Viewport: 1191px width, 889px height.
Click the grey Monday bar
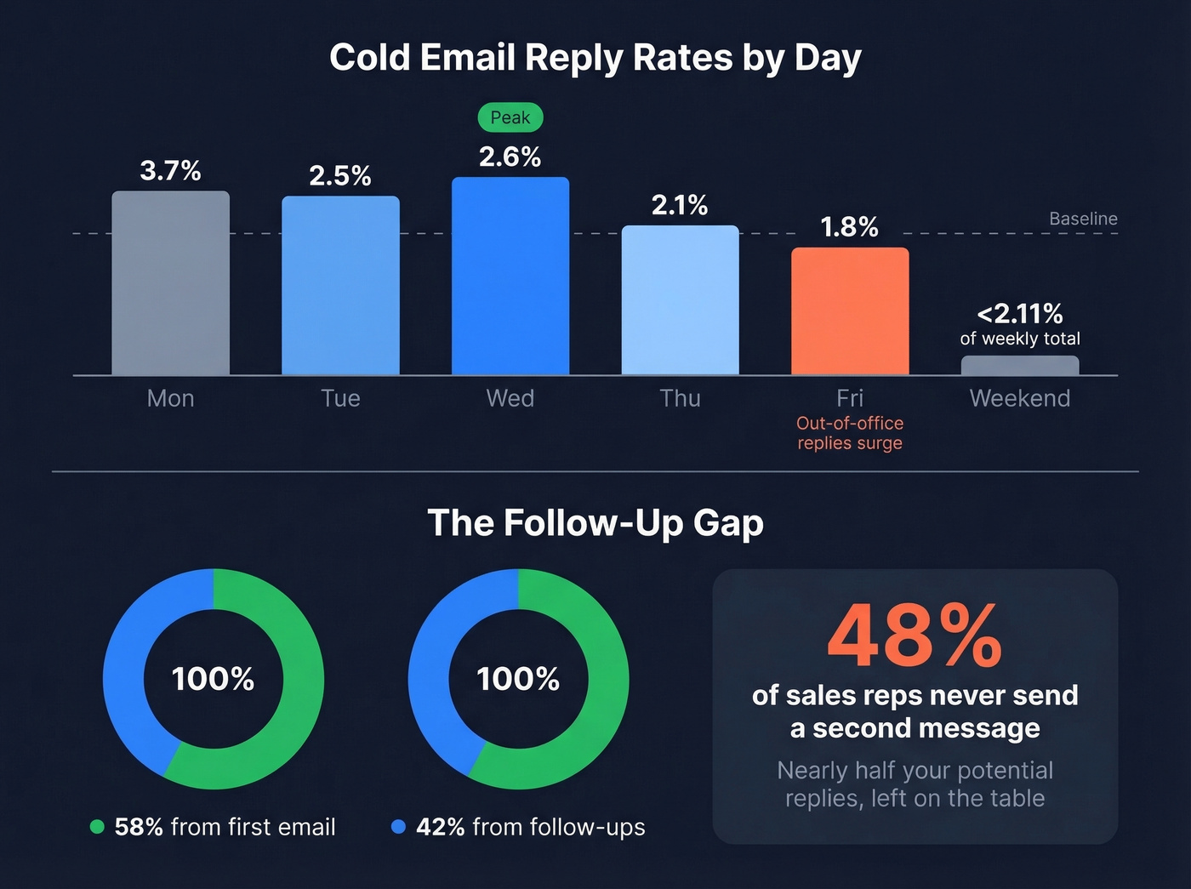(170, 283)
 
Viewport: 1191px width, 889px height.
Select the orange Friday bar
(850, 311)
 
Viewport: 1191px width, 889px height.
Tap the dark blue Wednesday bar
(510, 276)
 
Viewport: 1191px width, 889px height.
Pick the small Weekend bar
(1020, 365)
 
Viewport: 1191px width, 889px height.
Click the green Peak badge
(510, 117)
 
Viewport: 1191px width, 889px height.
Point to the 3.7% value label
(170, 170)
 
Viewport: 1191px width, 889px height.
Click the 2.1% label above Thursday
(680, 205)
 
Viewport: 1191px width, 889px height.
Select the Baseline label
(1083, 219)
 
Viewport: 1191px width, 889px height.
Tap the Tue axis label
(340, 398)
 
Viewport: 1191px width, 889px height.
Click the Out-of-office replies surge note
(850, 433)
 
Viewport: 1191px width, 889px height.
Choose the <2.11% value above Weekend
(1020, 314)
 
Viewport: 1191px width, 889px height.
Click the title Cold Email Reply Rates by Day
(595, 58)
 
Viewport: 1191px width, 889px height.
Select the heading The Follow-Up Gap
(595, 522)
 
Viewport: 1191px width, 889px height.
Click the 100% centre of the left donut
(213, 679)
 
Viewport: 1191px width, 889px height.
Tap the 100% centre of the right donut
(518, 679)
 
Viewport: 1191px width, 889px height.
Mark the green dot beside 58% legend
(97, 827)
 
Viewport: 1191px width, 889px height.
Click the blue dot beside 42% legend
(398, 827)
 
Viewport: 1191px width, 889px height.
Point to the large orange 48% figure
(915, 636)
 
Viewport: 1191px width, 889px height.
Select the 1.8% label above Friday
(850, 227)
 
